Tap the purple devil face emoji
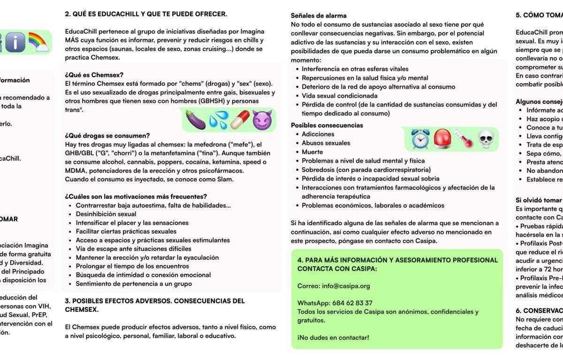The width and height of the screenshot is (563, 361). (x=262, y=120)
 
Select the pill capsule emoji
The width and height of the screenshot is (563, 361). (x=240, y=120)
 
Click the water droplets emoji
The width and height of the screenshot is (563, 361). (x=218, y=120)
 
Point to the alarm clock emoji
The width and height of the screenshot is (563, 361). (x=420, y=139)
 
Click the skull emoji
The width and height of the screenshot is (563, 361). (x=486, y=139)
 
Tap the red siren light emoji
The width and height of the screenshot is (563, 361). (x=442, y=139)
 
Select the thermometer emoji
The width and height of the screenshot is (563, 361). (x=464, y=139)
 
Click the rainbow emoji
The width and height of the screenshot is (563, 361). (x=38, y=42)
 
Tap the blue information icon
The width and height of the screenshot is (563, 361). (x=15, y=42)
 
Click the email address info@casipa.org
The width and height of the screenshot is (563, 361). (x=346, y=286)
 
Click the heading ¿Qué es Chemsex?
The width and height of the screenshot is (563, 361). (x=94, y=75)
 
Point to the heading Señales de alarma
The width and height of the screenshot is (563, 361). (x=319, y=16)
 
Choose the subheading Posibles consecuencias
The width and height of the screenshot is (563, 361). (x=327, y=126)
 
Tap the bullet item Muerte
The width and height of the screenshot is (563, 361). (x=312, y=152)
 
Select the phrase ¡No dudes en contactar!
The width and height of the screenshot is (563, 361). (x=333, y=337)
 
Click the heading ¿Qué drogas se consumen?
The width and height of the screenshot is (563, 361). (x=107, y=136)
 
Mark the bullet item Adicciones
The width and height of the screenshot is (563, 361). (x=318, y=134)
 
